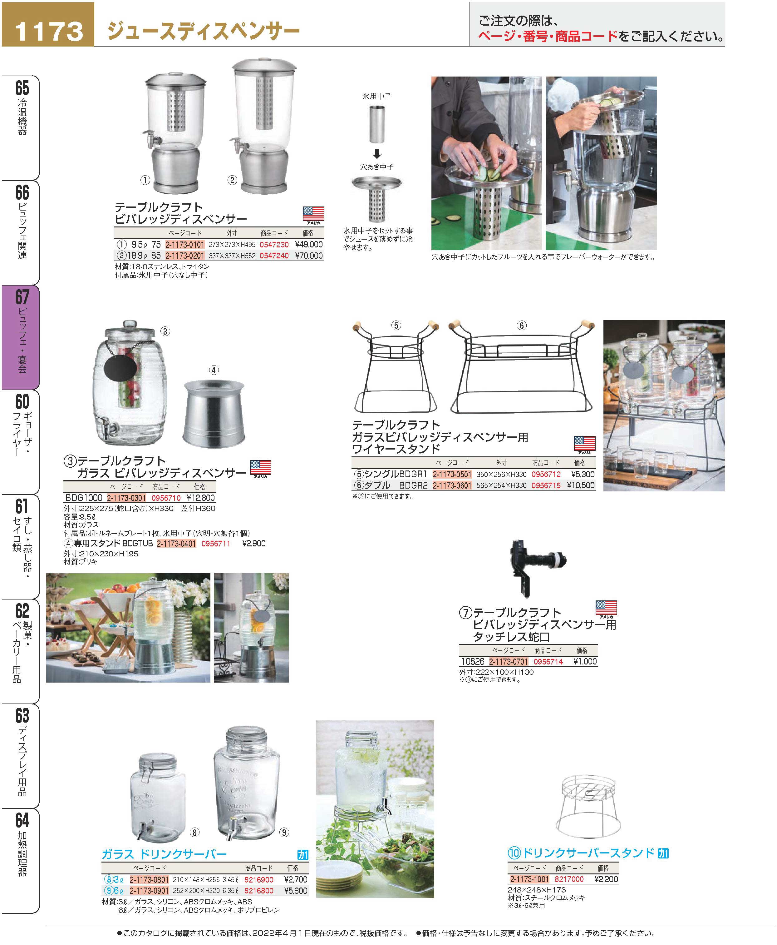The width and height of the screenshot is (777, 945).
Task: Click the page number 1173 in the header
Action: [x=49, y=31]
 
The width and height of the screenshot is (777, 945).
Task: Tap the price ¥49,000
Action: [x=309, y=245]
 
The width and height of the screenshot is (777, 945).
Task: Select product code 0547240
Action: [x=274, y=256]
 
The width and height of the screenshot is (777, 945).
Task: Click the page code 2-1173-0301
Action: [x=126, y=498]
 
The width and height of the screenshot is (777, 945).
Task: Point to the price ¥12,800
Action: [x=200, y=498]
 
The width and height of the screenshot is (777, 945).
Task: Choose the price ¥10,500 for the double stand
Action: [x=581, y=485]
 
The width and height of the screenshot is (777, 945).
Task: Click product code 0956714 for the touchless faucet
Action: [x=548, y=662]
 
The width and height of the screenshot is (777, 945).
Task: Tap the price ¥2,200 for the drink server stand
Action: [x=606, y=879]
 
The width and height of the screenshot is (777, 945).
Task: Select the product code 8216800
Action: [x=259, y=891]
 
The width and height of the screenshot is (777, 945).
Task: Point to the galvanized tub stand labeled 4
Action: [x=214, y=413]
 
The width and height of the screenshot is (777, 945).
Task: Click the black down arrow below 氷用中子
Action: [x=377, y=154]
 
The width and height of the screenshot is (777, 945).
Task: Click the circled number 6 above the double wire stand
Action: [x=521, y=326]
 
